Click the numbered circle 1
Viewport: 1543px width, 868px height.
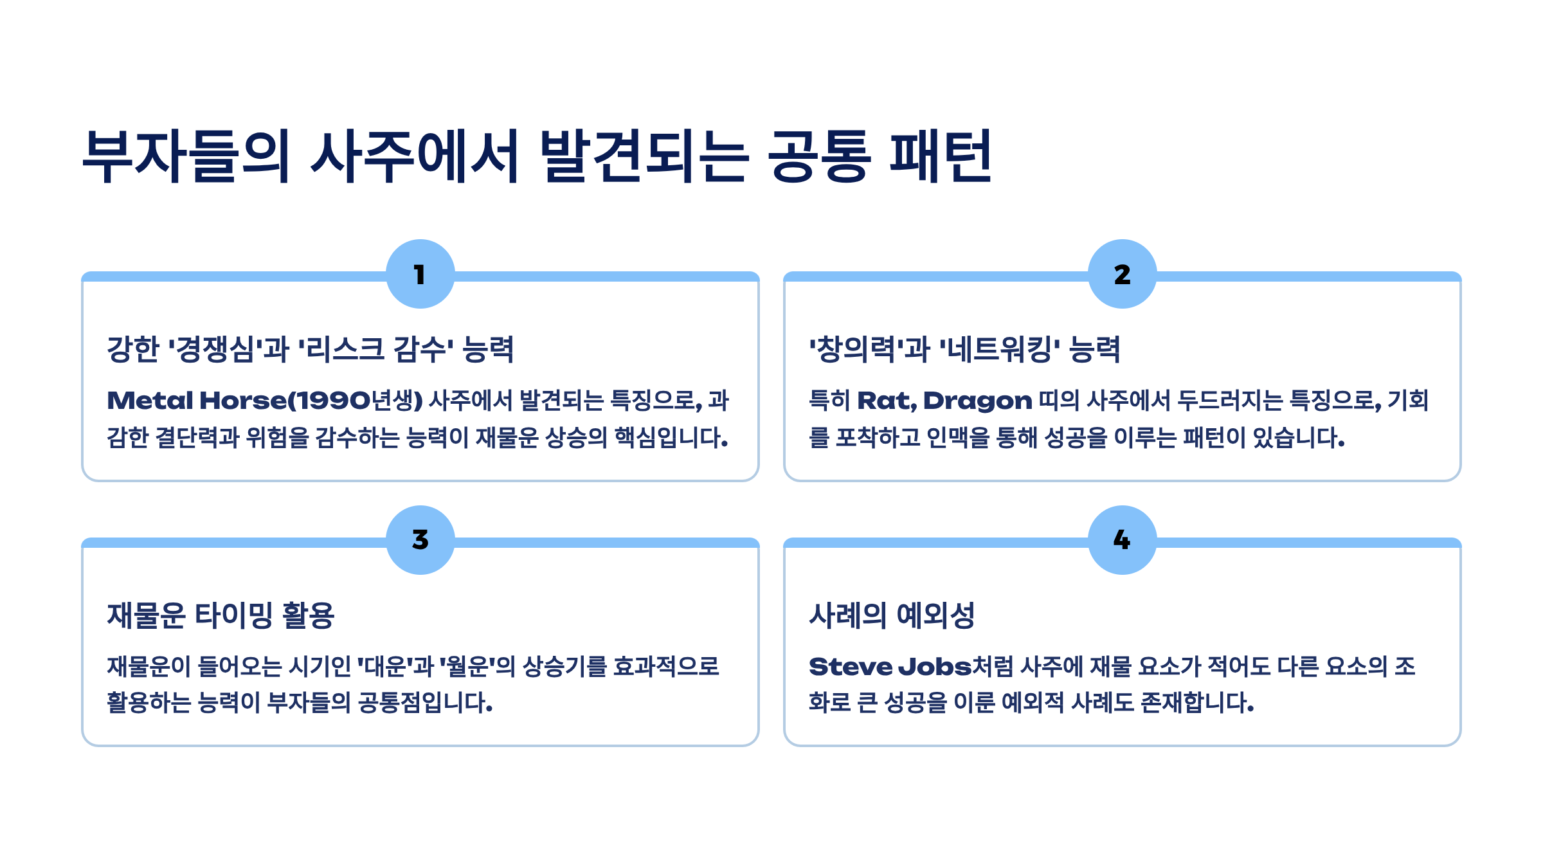point(420,274)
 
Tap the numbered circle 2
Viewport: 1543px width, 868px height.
point(1122,274)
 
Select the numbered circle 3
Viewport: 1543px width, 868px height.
point(420,539)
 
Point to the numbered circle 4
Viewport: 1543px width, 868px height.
point(1122,539)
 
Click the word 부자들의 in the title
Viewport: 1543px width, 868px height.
point(186,156)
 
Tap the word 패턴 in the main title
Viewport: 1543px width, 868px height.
point(941,156)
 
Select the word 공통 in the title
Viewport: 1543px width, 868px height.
point(820,156)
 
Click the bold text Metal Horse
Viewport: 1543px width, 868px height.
point(196,401)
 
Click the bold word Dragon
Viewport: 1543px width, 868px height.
point(977,401)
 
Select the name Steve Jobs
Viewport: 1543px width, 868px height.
point(890,667)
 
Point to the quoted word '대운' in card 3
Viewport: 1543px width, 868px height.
point(384,667)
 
